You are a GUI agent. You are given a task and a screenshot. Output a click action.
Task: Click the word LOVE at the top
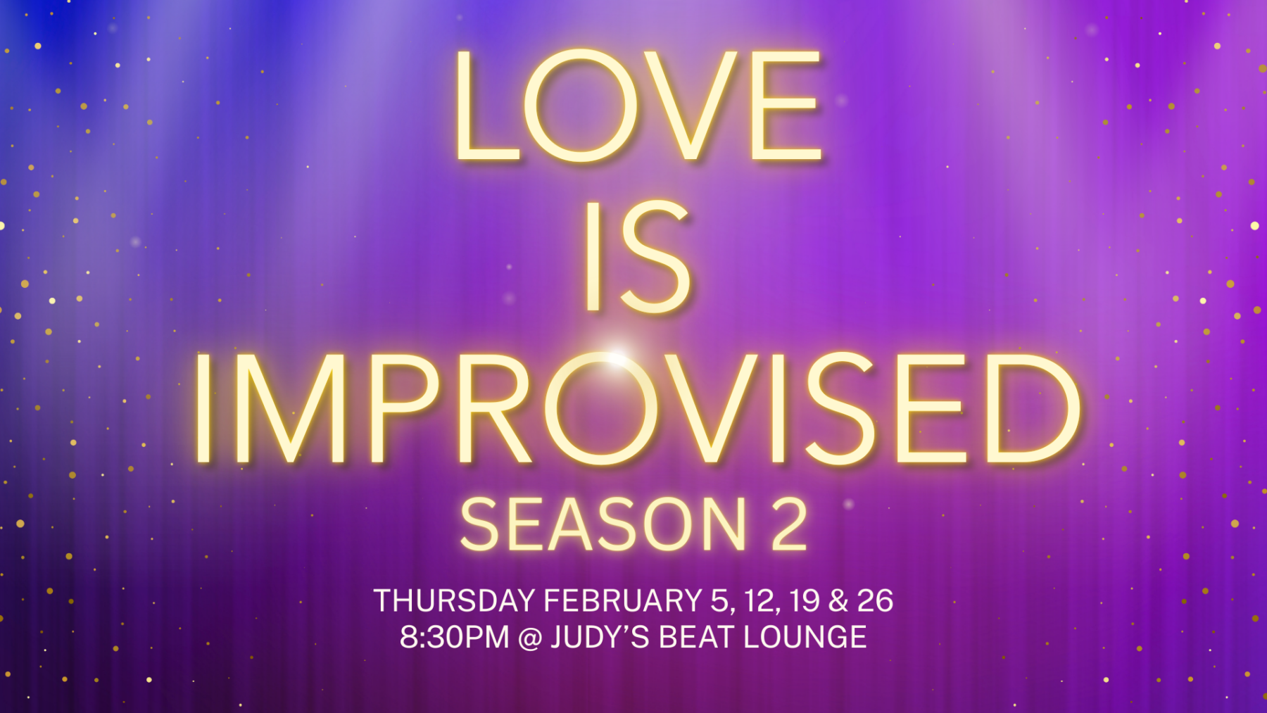click(638, 106)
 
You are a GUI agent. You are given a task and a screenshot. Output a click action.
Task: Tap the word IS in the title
click(638, 256)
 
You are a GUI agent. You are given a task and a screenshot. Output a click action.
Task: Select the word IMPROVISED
click(638, 408)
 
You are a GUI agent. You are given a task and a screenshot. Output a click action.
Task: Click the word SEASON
click(603, 524)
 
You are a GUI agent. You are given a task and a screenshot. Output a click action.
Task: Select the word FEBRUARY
click(622, 601)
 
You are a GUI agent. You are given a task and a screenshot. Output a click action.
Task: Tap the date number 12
click(760, 601)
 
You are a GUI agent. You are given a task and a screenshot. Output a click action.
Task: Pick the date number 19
click(804, 601)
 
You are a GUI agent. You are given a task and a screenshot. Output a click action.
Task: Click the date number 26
click(875, 601)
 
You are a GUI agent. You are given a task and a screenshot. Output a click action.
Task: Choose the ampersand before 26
click(838, 601)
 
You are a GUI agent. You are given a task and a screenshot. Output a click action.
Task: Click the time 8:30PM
click(454, 638)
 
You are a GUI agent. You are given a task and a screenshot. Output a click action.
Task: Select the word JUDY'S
click(600, 638)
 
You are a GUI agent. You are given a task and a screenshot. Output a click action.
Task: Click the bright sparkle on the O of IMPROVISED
click(615, 358)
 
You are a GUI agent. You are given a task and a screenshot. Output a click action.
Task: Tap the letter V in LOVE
click(693, 106)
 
